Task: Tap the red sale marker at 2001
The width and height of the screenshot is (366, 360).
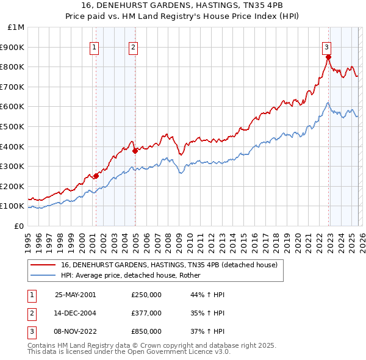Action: click(96, 176)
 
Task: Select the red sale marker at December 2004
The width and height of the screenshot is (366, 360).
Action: click(135, 151)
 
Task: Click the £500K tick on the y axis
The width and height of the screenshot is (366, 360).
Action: click(13, 126)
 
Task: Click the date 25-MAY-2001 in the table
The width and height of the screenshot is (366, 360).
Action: click(75, 295)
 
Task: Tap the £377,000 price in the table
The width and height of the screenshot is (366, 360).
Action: click(146, 313)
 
